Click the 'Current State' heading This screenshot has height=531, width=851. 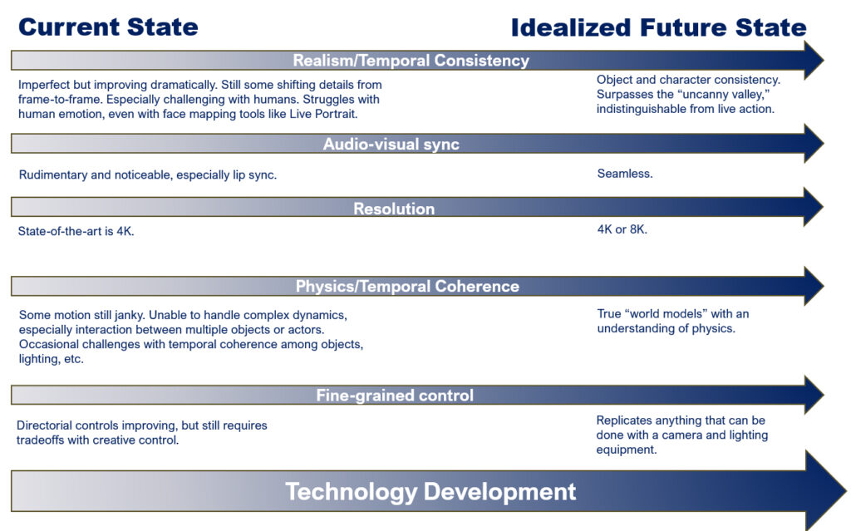click(109, 27)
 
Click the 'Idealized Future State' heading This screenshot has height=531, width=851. click(659, 27)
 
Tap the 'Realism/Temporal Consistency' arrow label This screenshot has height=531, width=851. click(411, 61)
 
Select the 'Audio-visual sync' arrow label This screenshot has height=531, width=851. click(391, 144)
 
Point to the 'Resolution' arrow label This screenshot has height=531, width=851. click(394, 209)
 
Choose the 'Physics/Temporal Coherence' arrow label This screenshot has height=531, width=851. click(407, 286)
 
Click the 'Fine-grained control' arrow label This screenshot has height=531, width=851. click(395, 396)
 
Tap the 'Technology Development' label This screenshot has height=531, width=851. click(430, 491)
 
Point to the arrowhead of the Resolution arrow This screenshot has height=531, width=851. click(813, 207)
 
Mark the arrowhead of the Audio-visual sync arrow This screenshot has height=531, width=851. click(813, 143)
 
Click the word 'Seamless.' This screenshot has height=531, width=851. click(625, 174)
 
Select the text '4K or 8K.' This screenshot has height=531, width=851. click(622, 229)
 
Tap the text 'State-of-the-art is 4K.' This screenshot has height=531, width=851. click(76, 231)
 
